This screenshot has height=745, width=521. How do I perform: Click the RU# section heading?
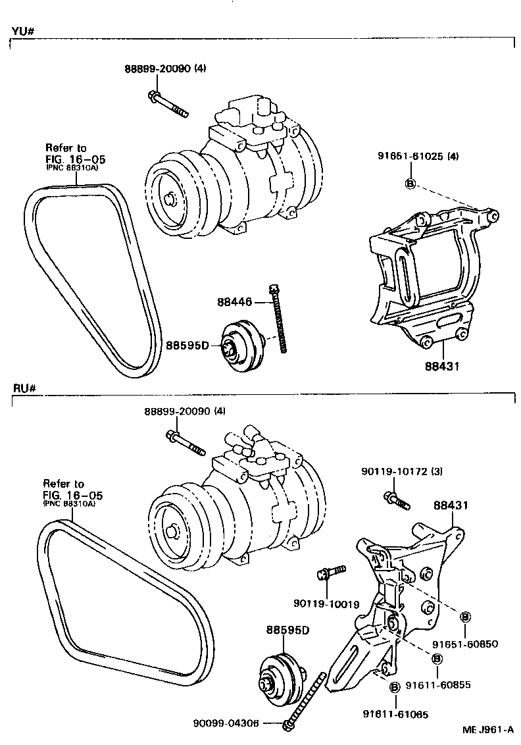tap(22, 388)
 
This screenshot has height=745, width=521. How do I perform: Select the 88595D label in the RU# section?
tap(287, 630)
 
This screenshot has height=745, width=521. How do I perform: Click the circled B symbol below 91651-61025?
tap(409, 184)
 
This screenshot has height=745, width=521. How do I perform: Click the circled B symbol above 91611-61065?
tap(395, 688)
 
